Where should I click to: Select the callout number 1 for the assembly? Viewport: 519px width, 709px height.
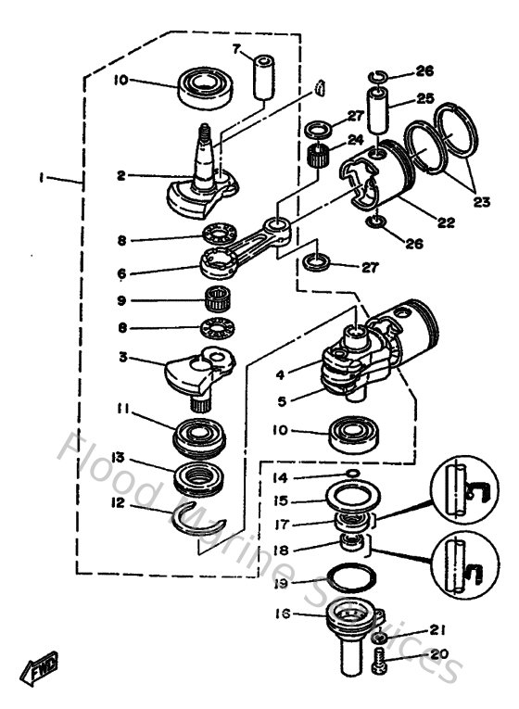click(43, 176)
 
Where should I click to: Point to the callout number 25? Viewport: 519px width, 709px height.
click(423, 98)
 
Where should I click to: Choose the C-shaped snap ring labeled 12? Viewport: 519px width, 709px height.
click(198, 522)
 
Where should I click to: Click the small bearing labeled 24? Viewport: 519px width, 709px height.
click(320, 155)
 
